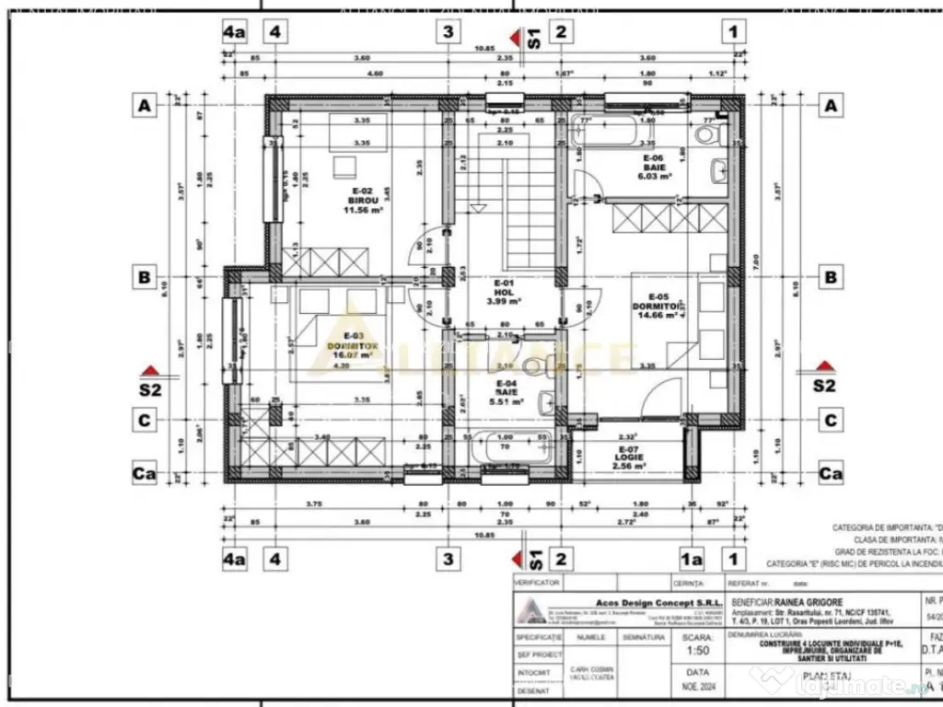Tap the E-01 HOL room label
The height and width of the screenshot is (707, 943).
pos(504,292)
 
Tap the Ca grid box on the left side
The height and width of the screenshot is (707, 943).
pos(144,474)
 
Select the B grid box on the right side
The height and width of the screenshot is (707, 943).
pos(831,276)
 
